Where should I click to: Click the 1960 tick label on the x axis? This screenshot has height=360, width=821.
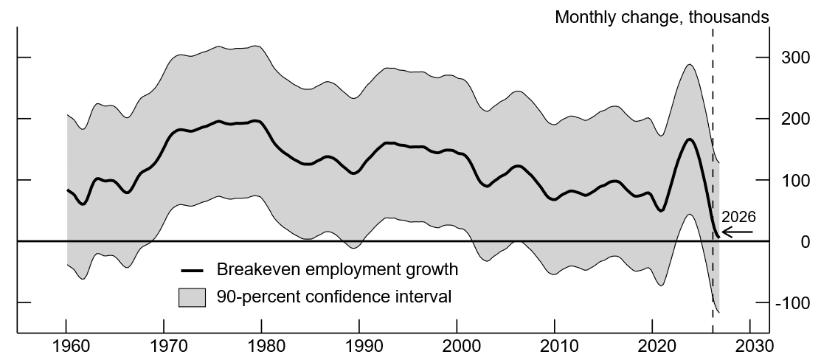tap(66, 347)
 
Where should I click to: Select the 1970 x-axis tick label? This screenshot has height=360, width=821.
tap(164, 347)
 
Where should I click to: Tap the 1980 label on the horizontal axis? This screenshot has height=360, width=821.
tap(261, 347)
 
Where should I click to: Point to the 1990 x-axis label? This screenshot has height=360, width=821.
tap(359, 347)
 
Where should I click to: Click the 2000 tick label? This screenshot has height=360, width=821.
tap(457, 347)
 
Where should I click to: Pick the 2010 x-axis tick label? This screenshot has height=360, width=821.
tap(555, 347)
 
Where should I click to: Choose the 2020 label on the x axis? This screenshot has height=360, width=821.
tap(652, 347)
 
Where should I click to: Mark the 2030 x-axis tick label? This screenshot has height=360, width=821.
tap(749, 347)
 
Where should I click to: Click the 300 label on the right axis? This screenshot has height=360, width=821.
tap(791, 58)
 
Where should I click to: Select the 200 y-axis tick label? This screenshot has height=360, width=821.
tap(791, 119)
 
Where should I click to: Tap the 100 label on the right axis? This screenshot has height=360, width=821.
tap(791, 180)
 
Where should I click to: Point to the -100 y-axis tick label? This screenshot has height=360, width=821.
tap(789, 303)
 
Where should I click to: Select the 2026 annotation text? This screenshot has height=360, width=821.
tap(738, 218)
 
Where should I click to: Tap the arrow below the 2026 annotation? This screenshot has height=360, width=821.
tap(737, 232)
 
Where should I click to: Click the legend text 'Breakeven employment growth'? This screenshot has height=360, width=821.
tap(337, 270)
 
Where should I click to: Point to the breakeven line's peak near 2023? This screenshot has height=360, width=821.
tap(688, 139)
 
